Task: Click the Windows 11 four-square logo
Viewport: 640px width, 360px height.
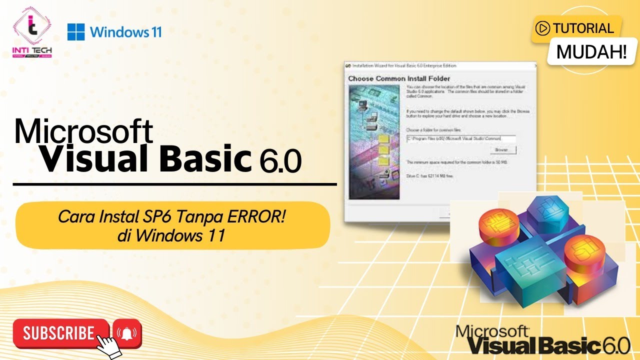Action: pos(76,32)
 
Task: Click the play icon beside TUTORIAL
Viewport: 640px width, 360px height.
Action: pos(542,28)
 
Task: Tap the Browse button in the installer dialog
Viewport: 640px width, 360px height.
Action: pos(501,149)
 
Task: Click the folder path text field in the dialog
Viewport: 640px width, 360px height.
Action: pos(460,138)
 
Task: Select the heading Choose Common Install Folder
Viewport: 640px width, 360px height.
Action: pos(398,78)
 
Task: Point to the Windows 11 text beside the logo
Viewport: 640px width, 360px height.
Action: pos(126,32)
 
